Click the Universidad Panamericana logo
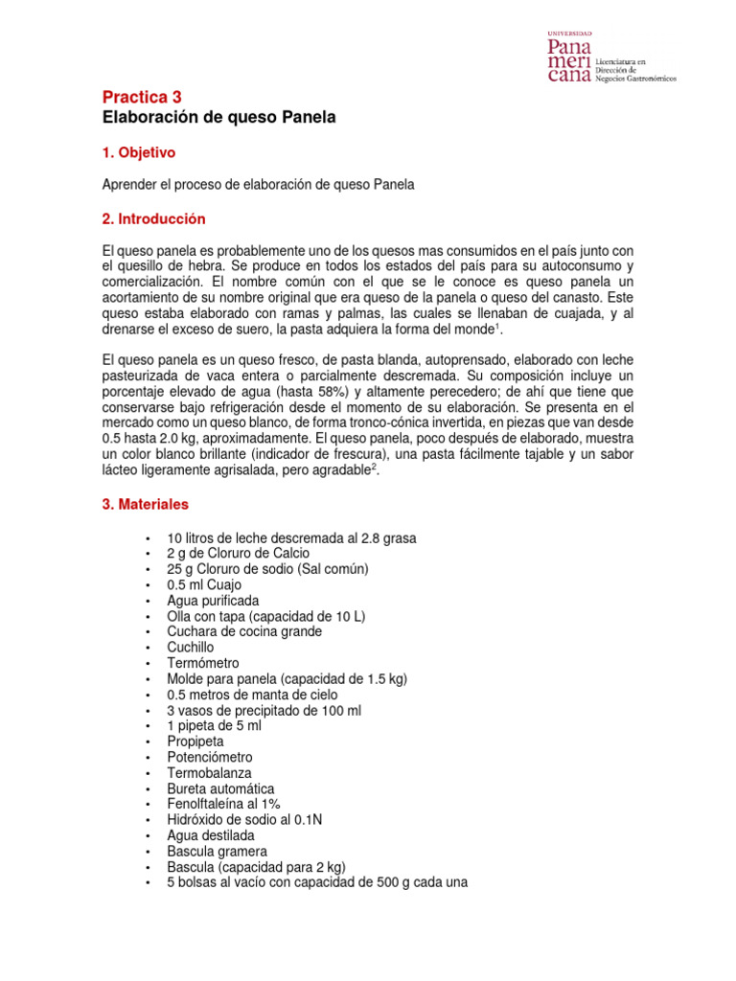[x=609, y=58]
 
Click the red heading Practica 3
[x=141, y=97]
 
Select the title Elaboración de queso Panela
[x=219, y=118]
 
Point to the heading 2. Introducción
[x=153, y=219]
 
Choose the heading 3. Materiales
[x=146, y=504]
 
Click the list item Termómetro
[x=203, y=663]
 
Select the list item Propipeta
[x=196, y=741]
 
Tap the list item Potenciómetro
[x=210, y=757]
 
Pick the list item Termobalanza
[x=206, y=772]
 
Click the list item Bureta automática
[x=213, y=788]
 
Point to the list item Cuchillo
[x=191, y=648]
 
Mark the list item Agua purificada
[x=213, y=601]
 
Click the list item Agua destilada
[x=211, y=835]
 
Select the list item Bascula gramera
[x=217, y=851]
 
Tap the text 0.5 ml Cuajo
[x=204, y=584]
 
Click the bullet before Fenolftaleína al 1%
[x=147, y=805]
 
